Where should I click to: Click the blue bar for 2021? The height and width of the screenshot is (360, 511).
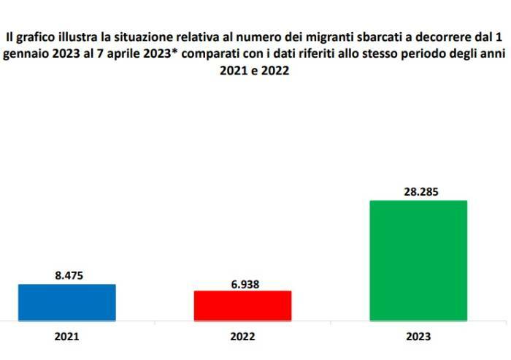[x=66, y=302]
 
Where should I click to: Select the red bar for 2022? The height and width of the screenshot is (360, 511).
[x=242, y=305]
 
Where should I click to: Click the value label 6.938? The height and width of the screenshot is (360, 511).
[x=242, y=283]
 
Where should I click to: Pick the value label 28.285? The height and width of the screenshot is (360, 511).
[x=418, y=192]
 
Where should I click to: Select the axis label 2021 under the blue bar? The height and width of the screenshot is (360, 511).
[x=66, y=337]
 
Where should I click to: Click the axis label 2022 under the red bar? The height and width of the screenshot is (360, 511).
[x=242, y=337]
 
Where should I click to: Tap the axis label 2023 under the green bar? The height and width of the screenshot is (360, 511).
[x=418, y=337]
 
